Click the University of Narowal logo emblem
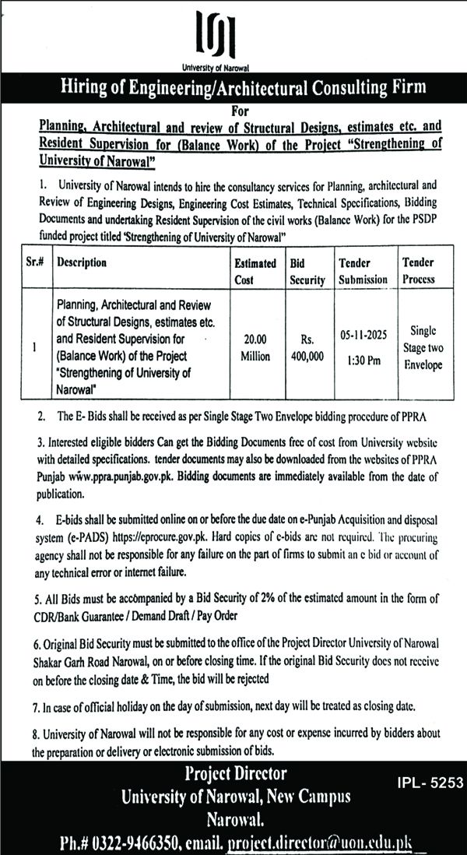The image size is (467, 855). [x=233, y=34]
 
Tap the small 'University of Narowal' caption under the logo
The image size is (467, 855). [x=233, y=68]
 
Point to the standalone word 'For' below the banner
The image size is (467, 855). [x=233, y=108]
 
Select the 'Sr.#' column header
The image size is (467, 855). [x=33, y=263]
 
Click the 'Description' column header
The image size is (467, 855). [x=82, y=263]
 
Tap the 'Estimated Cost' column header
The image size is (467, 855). [x=255, y=271]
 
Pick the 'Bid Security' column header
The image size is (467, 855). [x=307, y=271]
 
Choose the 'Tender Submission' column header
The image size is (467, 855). [x=363, y=271]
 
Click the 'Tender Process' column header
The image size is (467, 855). [x=420, y=271]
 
